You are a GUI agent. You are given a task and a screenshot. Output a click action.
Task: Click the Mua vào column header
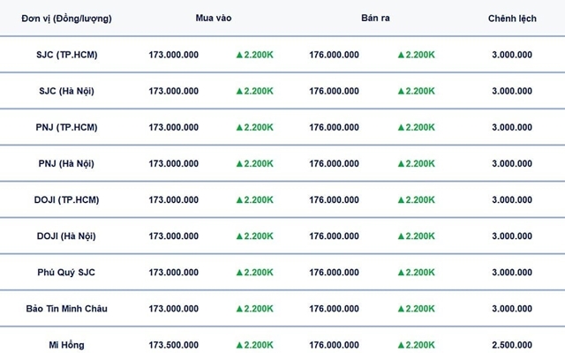[x=213, y=19]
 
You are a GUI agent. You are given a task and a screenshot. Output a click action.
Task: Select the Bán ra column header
[x=375, y=19]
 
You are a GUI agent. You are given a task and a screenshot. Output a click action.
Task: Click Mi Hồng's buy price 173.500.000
[x=174, y=345]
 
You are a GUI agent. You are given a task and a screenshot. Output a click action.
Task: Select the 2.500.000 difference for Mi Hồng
[x=512, y=345]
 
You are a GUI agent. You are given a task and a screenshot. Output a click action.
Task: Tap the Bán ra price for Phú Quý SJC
[x=334, y=273]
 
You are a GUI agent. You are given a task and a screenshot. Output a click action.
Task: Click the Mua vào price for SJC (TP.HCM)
[x=174, y=55]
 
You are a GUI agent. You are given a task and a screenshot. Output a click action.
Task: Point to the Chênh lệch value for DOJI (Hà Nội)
[x=512, y=236]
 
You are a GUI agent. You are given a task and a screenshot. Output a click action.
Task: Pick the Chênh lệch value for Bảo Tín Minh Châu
[x=512, y=309]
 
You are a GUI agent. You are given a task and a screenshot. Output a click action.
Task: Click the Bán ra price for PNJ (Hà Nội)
[x=334, y=163]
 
